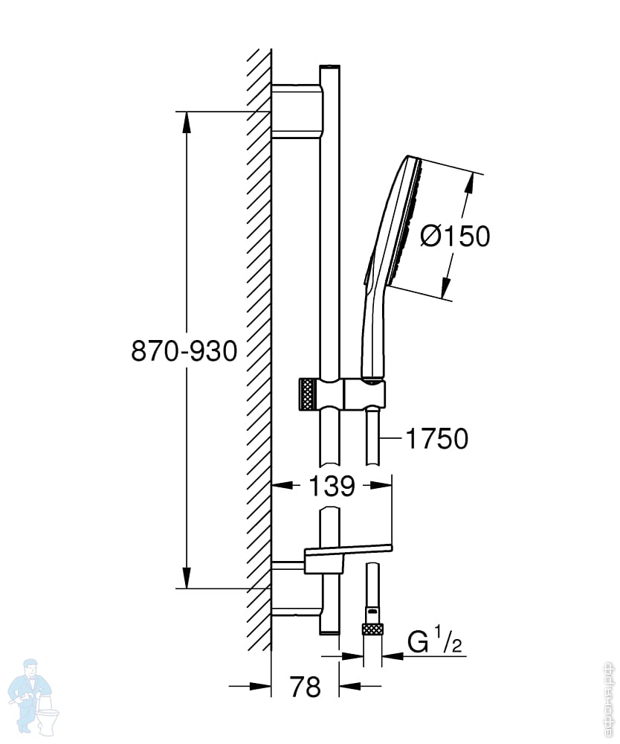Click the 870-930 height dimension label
(x=184, y=350)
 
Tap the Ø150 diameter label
(x=455, y=236)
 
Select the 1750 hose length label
(x=436, y=439)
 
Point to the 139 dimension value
(x=332, y=487)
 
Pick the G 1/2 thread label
(x=435, y=641)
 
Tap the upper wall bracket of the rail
(x=297, y=111)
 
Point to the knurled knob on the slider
(x=307, y=393)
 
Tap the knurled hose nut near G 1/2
(x=372, y=629)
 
